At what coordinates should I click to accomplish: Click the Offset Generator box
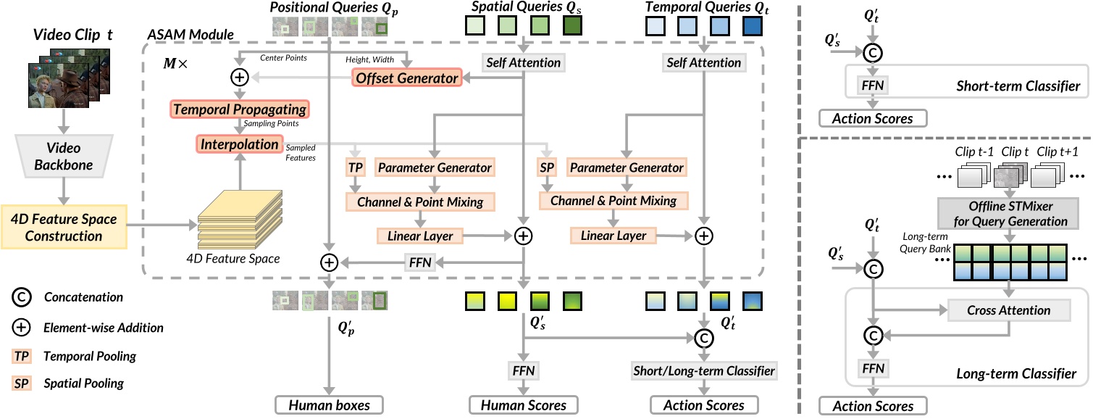click(x=406, y=78)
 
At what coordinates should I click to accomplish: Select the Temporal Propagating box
click(x=239, y=110)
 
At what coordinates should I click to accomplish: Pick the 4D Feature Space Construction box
click(x=64, y=227)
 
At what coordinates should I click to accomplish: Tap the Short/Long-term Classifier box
click(x=704, y=370)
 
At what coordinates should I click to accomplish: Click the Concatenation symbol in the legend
click(x=22, y=297)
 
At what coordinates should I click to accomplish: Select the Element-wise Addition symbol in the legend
click(x=22, y=327)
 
